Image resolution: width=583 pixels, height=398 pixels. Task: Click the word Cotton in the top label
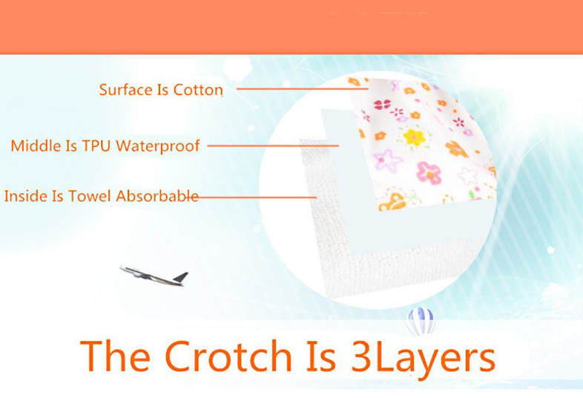click(198, 90)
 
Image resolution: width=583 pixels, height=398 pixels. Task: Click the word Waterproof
click(158, 146)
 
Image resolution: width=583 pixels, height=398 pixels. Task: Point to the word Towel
click(89, 196)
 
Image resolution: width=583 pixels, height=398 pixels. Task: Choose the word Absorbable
click(157, 196)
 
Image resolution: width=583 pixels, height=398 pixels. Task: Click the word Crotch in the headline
click(228, 356)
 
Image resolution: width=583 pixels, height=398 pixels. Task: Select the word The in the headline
click(115, 356)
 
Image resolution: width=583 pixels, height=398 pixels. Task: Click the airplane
click(154, 276)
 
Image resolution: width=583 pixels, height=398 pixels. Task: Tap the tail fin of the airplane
click(181, 277)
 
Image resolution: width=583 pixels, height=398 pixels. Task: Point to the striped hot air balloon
click(421, 321)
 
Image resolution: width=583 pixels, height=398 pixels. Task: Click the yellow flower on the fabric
click(414, 137)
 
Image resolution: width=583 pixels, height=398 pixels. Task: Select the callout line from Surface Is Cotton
click(303, 88)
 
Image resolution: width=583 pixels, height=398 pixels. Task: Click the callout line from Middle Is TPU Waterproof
click(273, 146)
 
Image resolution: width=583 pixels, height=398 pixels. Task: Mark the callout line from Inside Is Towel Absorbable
click(257, 197)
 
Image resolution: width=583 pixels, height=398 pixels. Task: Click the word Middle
click(36, 146)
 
